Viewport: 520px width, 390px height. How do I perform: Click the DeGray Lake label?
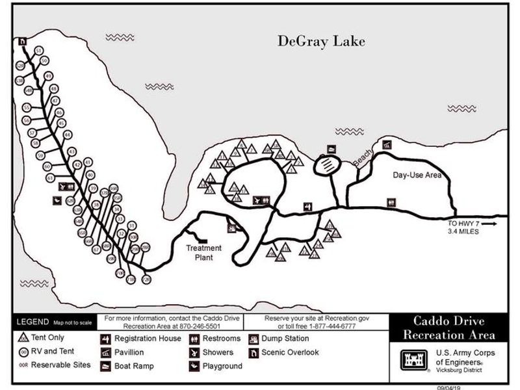point(322,42)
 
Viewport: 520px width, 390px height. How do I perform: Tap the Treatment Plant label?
point(204,252)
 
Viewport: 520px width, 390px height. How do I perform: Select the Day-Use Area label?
point(417,175)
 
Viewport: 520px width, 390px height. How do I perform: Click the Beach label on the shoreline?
point(363,157)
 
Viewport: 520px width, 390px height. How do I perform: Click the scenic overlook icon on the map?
point(23,40)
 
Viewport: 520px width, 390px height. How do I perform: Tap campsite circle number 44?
point(67,135)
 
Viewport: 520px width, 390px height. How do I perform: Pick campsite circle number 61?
point(49,177)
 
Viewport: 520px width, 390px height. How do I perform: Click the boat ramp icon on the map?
point(331,149)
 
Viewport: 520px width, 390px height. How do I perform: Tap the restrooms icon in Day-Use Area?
point(391,201)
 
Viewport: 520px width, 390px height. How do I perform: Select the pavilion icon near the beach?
point(387,145)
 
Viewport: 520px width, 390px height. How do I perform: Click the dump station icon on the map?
point(231,227)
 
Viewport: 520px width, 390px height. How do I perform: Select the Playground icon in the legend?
point(194,367)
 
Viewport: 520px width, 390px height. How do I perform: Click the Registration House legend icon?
point(105,339)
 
